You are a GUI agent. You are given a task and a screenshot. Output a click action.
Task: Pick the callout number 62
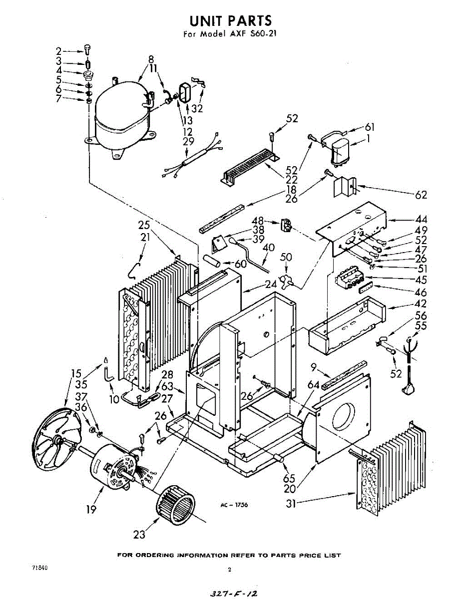pyautogui.click(x=421, y=195)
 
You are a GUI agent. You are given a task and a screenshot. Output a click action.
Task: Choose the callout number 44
pyautogui.click(x=421, y=219)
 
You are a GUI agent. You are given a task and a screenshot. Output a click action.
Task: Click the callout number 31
pyautogui.click(x=291, y=504)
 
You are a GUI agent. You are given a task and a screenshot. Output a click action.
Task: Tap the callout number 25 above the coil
pyautogui.click(x=144, y=226)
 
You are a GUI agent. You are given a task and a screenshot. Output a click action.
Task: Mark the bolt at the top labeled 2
pyautogui.click(x=88, y=49)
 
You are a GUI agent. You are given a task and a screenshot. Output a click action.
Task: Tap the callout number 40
pyautogui.click(x=268, y=248)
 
